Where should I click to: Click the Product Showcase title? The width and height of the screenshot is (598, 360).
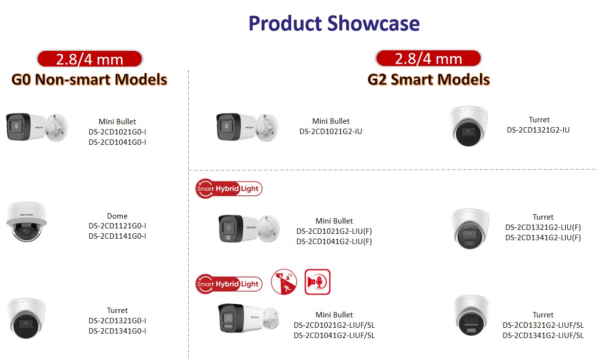click(x=334, y=23)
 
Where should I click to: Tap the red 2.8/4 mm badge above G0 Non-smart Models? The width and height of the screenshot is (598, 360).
click(x=89, y=59)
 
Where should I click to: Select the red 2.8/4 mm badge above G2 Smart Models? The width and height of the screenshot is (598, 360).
click(x=428, y=58)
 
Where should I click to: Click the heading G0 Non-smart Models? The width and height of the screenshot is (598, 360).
click(x=89, y=80)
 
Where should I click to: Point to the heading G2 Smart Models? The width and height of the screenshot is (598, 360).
click(x=428, y=80)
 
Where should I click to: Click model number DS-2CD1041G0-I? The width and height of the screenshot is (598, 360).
click(x=117, y=142)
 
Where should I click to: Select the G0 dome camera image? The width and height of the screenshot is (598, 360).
click(x=27, y=222)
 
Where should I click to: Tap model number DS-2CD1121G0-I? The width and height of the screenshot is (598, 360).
click(x=117, y=226)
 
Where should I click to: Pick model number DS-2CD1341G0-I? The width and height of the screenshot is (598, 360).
click(x=117, y=331)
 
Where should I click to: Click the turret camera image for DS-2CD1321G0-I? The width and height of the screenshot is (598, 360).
click(x=26, y=318)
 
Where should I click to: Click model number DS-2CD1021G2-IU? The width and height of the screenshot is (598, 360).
click(x=331, y=132)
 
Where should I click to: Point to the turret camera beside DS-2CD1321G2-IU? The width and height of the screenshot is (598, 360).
click(x=468, y=126)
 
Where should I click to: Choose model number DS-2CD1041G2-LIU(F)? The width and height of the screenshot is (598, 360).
click(x=334, y=242)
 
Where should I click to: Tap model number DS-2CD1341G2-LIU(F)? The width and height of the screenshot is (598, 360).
click(x=543, y=237)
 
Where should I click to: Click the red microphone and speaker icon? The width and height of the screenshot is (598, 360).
click(x=317, y=282)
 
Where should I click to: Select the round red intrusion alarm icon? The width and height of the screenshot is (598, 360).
click(x=284, y=282)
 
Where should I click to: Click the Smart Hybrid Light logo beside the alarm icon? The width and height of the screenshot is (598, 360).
click(x=229, y=284)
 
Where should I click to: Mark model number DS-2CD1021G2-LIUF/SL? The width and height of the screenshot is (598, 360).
click(x=334, y=325)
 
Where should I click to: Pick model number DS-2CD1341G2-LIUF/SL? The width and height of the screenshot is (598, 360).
click(x=543, y=335)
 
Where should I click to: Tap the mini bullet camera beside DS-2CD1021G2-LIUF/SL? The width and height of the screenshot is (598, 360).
click(x=249, y=318)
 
